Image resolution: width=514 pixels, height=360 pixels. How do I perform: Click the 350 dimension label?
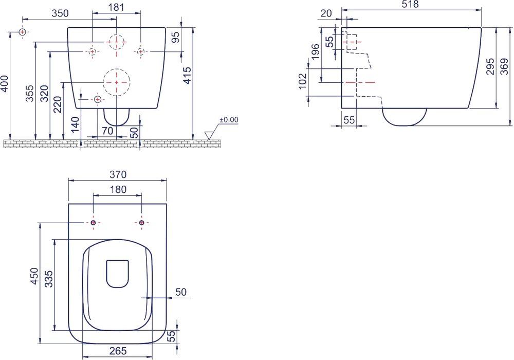(60, 13)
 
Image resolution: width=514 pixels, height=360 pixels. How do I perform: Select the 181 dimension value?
(116, 7)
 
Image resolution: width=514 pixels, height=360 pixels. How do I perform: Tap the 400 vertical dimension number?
(5, 84)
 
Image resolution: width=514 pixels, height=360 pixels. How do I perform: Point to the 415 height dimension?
(187, 76)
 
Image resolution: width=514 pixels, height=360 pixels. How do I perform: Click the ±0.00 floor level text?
(229, 120)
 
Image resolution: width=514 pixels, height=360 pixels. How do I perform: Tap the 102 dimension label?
(303, 81)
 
